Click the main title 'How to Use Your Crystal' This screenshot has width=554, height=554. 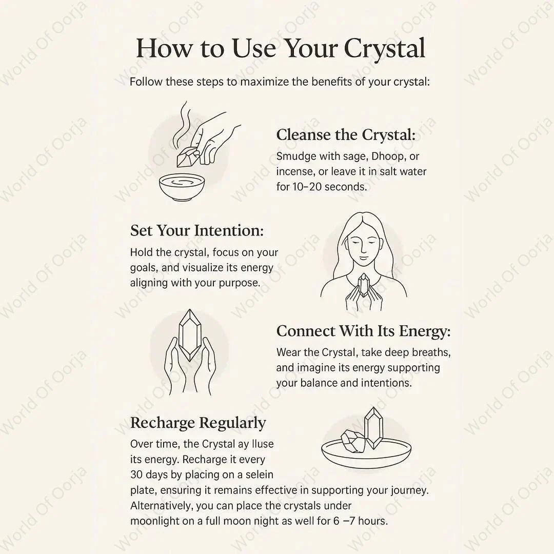click(x=281, y=48)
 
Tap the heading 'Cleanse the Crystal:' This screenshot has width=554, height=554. click(x=346, y=135)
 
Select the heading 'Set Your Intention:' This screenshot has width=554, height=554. click(x=197, y=230)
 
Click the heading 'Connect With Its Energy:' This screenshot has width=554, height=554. click(x=364, y=331)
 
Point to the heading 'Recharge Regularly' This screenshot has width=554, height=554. click(x=198, y=423)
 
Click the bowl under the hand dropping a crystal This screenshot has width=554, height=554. click(x=182, y=187)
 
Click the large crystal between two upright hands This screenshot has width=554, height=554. click(x=190, y=335)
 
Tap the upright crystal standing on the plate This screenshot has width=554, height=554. click(x=373, y=427)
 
